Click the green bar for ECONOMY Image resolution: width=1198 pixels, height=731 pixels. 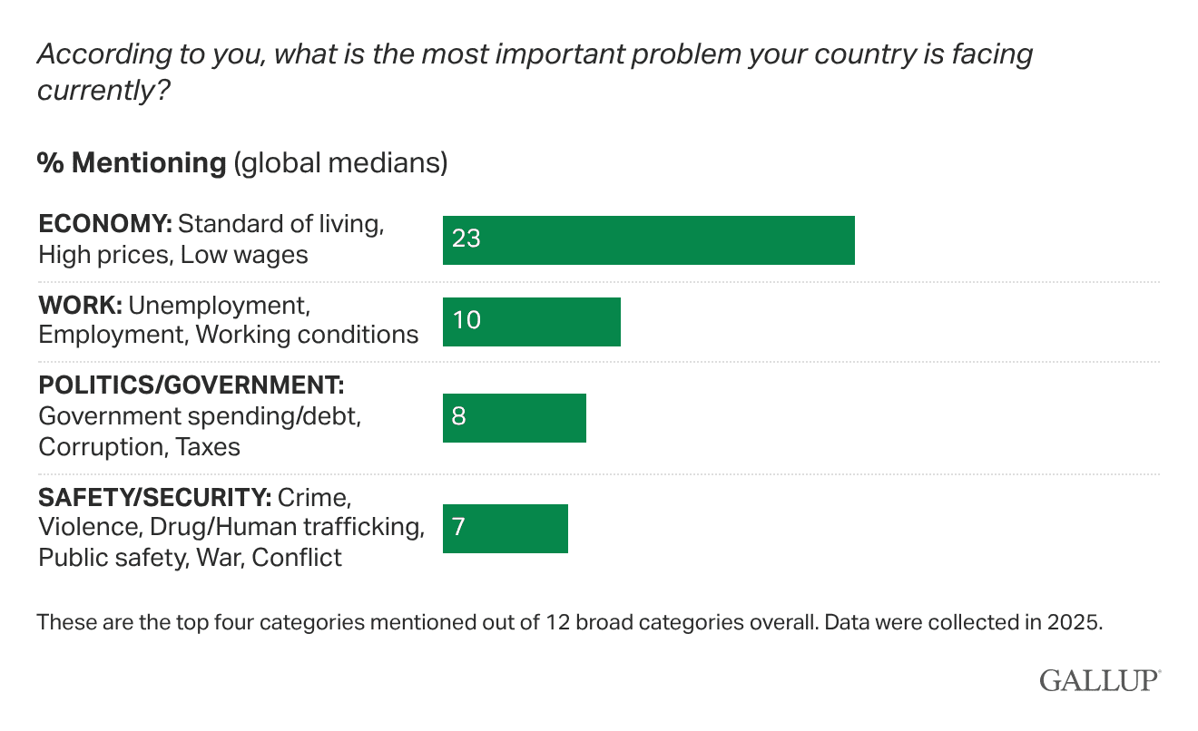[x=648, y=240]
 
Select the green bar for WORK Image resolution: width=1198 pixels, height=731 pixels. [x=531, y=322]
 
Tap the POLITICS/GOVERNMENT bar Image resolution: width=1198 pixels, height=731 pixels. [x=514, y=418]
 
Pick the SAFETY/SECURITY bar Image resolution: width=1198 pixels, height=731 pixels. [x=505, y=529]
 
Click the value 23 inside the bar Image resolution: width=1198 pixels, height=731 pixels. [x=466, y=240]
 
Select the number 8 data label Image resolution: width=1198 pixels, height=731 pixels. [x=458, y=418]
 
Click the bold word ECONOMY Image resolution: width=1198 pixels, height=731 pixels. [x=103, y=224]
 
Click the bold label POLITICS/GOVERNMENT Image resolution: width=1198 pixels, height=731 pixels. [x=191, y=385]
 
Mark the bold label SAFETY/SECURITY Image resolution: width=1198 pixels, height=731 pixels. [x=153, y=497]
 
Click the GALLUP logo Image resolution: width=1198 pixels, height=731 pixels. [x=1100, y=680]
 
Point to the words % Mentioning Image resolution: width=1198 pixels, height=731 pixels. [x=131, y=163]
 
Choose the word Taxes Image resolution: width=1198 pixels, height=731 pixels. [x=208, y=447]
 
